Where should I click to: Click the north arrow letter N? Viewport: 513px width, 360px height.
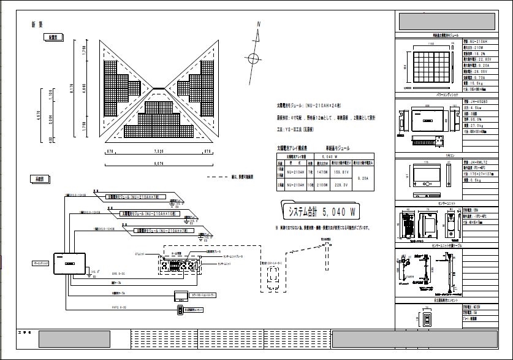tap(259, 25)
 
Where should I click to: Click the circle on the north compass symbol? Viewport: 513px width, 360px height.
tap(253, 58)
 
